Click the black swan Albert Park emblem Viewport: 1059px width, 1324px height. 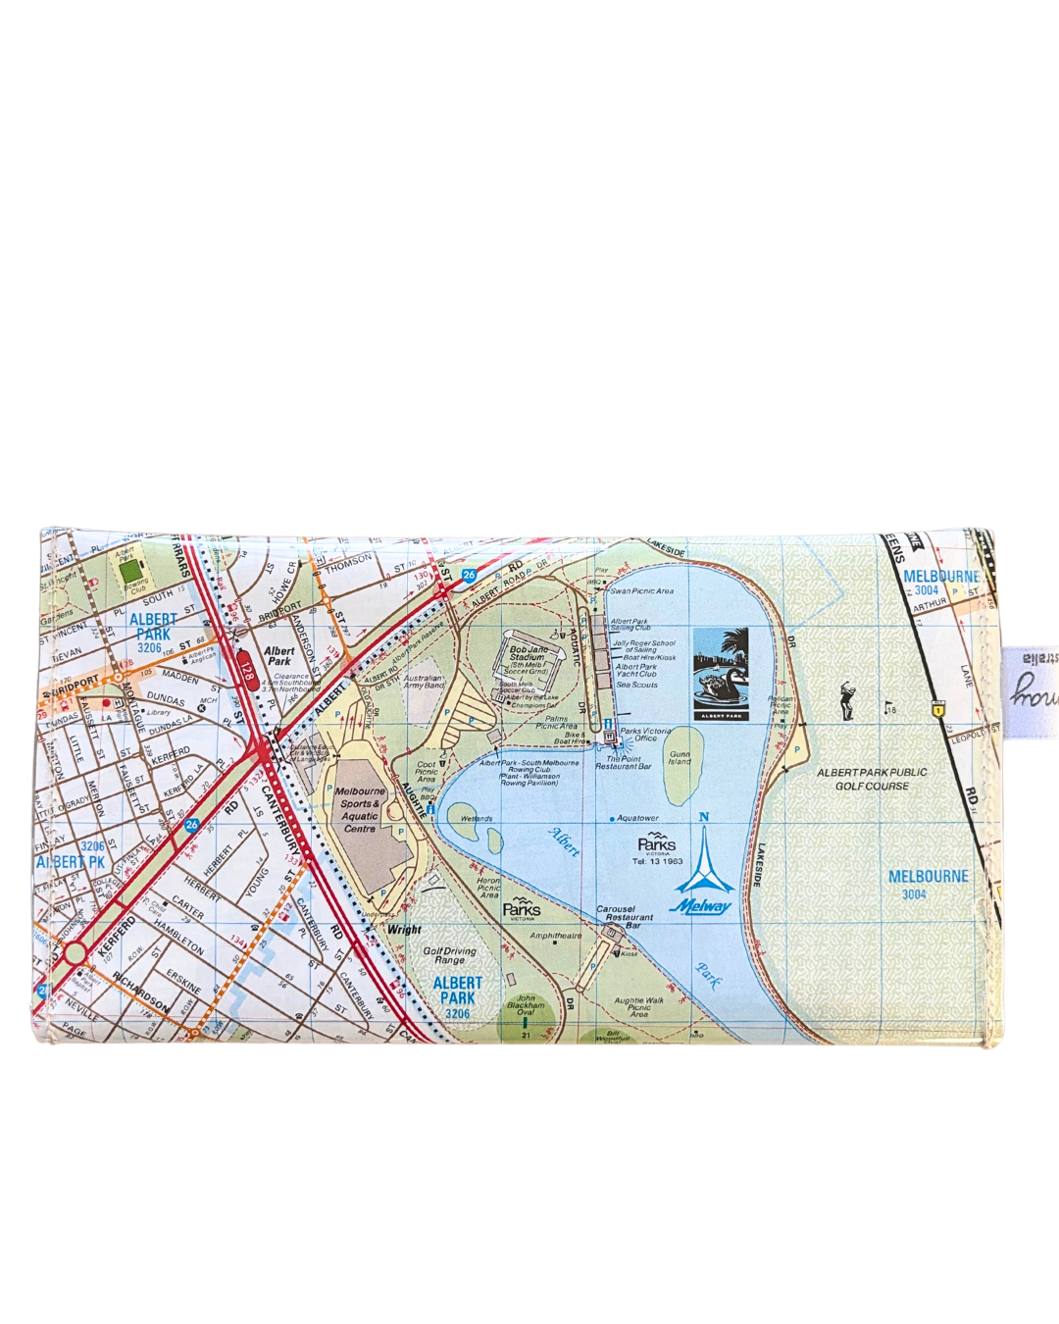(x=720, y=674)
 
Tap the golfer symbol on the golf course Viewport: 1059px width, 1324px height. (x=847, y=701)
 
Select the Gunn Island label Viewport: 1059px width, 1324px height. (x=680, y=758)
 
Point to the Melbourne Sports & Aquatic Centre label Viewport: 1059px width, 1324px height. (x=360, y=809)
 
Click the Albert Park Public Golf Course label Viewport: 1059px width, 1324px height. (x=872, y=779)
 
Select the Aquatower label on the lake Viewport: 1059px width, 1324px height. (x=637, y=818)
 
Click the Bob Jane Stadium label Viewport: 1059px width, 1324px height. (x=528, y=654)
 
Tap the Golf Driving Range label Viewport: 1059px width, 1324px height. (x=449, y=955)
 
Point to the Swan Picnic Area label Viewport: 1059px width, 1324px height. (x=641, y=591)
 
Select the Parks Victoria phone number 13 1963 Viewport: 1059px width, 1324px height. (x=657, y=861)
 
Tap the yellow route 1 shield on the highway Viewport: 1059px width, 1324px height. (x=938, y=705)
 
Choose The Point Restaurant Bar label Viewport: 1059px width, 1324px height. (x=623, y=762)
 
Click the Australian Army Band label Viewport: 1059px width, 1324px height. (x=424, y=682)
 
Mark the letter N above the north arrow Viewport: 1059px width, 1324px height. (x=703, y=817)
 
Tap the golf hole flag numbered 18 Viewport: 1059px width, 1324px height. (x=889, y=707)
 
